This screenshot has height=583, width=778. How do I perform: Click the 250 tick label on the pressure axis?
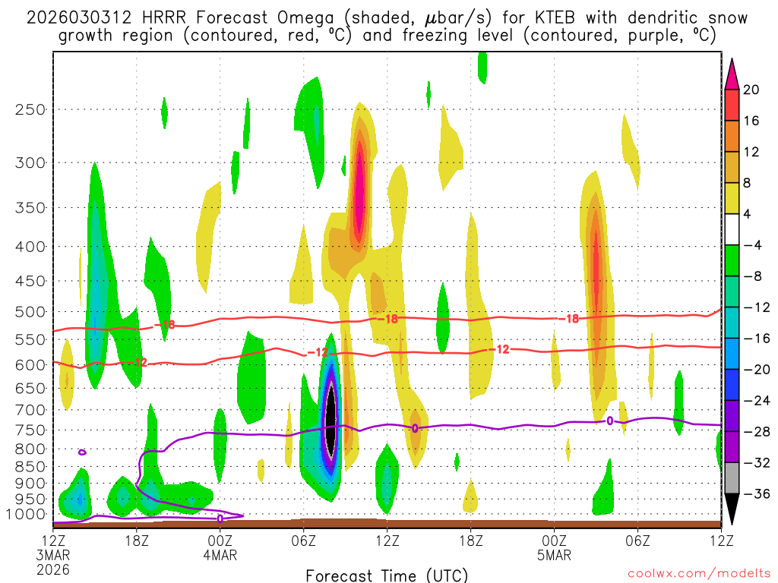coord(30,109)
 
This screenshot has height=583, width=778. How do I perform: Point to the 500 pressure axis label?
coord(30,312)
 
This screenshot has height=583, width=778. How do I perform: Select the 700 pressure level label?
coord(30,410)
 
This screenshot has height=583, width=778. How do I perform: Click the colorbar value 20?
coord(751,90)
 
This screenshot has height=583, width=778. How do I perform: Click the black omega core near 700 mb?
coord(330,420)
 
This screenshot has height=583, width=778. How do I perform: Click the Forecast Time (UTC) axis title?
coord(387,575)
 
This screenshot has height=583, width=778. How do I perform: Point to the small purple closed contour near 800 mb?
coord(82,452)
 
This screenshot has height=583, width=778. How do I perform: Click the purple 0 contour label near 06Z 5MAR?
coord(609,420)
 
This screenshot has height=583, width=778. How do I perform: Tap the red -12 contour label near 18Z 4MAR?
coord(501,350)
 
